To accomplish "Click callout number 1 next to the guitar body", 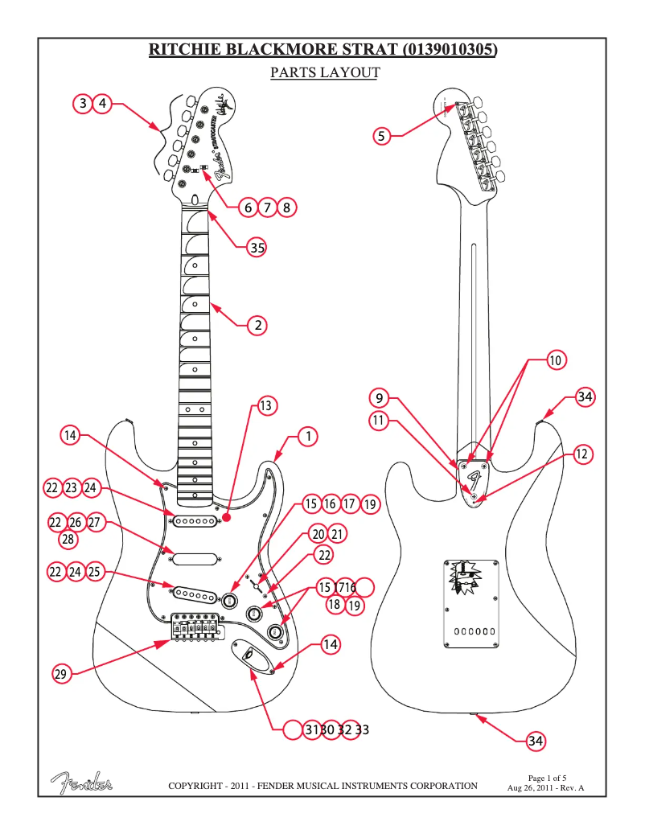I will (x=307, y=437).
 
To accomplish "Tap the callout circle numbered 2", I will (x=257, y=326).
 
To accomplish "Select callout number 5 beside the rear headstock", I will (x=383, y=136).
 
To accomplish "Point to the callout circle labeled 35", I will (x=257, y=248).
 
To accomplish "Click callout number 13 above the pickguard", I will (x=266, y=405).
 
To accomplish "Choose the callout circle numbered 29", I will (x=60, y=674).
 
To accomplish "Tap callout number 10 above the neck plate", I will (x=556, y=360).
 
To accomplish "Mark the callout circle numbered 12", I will (x=583, y=454).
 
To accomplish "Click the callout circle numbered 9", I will (x=381, y=397).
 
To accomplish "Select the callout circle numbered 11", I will (x=381, y=419).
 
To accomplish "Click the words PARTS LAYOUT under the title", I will (x=324, y=72).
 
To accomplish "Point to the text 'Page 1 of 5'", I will (x=547, y=778).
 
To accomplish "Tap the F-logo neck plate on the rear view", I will (x=475, y=481).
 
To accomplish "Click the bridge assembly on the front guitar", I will (x=196, y=627).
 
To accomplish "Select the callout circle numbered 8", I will (x=287, y=207).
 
